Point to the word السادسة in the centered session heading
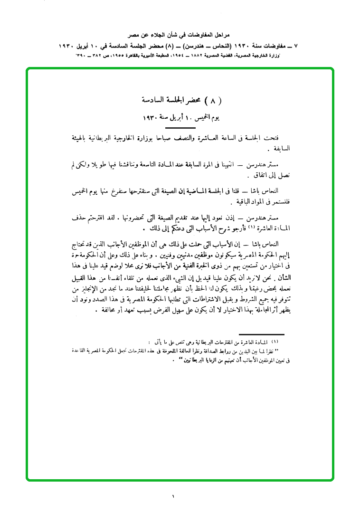pyautogui.click(x=154, y=101)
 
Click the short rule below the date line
pyautogui.click(x=180, y=128)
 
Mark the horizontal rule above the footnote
pyautogui.click(x=261, y=335)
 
